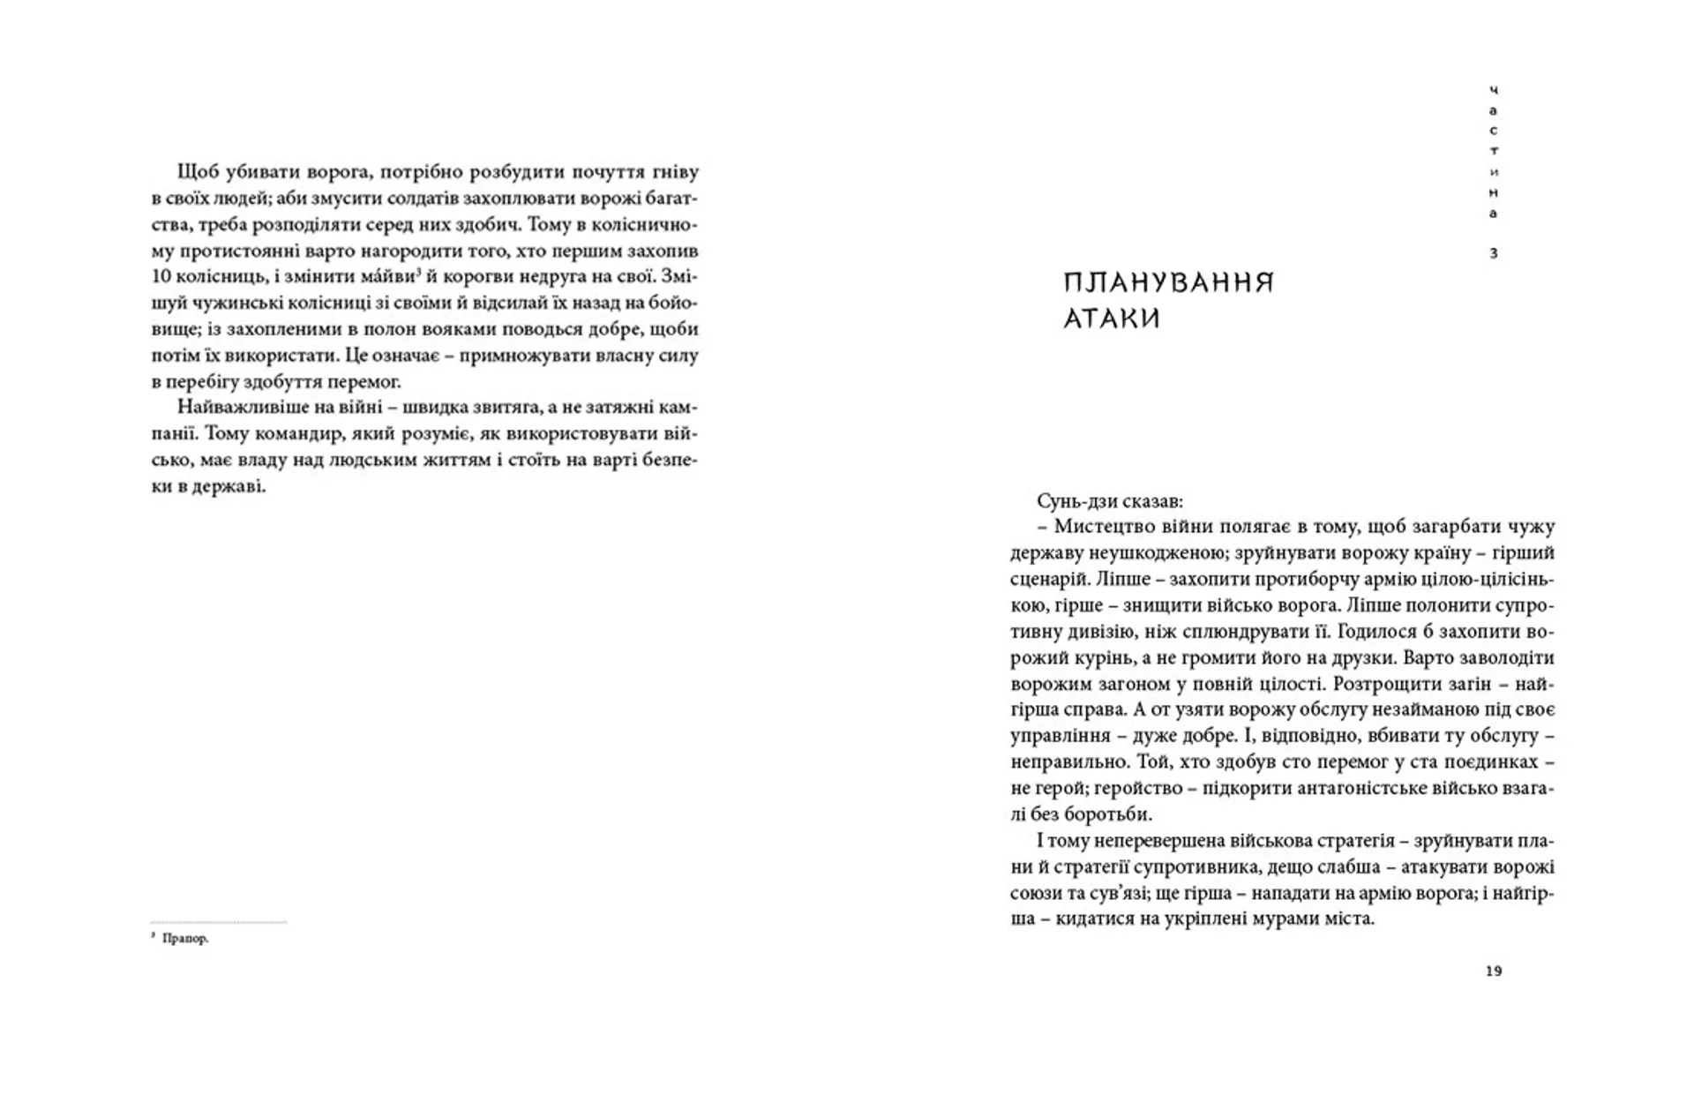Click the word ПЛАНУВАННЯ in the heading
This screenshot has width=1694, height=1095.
[1168, 283]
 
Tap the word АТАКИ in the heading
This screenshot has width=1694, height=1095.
[1112, 319]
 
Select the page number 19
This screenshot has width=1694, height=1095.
[1493, 971]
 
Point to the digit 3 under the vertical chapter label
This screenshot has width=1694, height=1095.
[1493, 253]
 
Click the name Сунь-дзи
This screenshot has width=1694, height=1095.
[1077, 501]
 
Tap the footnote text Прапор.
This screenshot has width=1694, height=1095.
[185, 939]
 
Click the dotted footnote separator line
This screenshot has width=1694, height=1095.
[218, 922]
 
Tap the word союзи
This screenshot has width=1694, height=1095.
[1038, 893]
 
